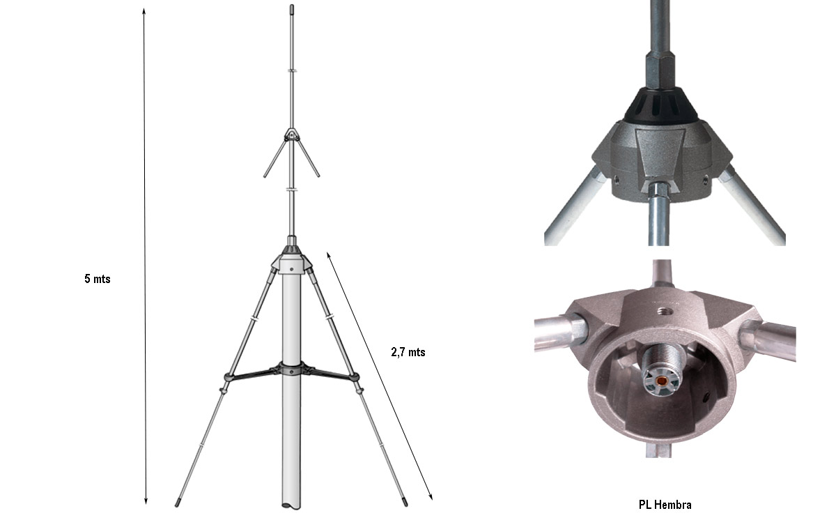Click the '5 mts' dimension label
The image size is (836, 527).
(98, 279)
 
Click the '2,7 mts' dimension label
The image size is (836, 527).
(408, 352)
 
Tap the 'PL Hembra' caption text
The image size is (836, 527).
(665, 504)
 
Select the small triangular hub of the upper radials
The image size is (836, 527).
(292, 133)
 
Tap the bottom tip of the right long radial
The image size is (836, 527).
(405, 500)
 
